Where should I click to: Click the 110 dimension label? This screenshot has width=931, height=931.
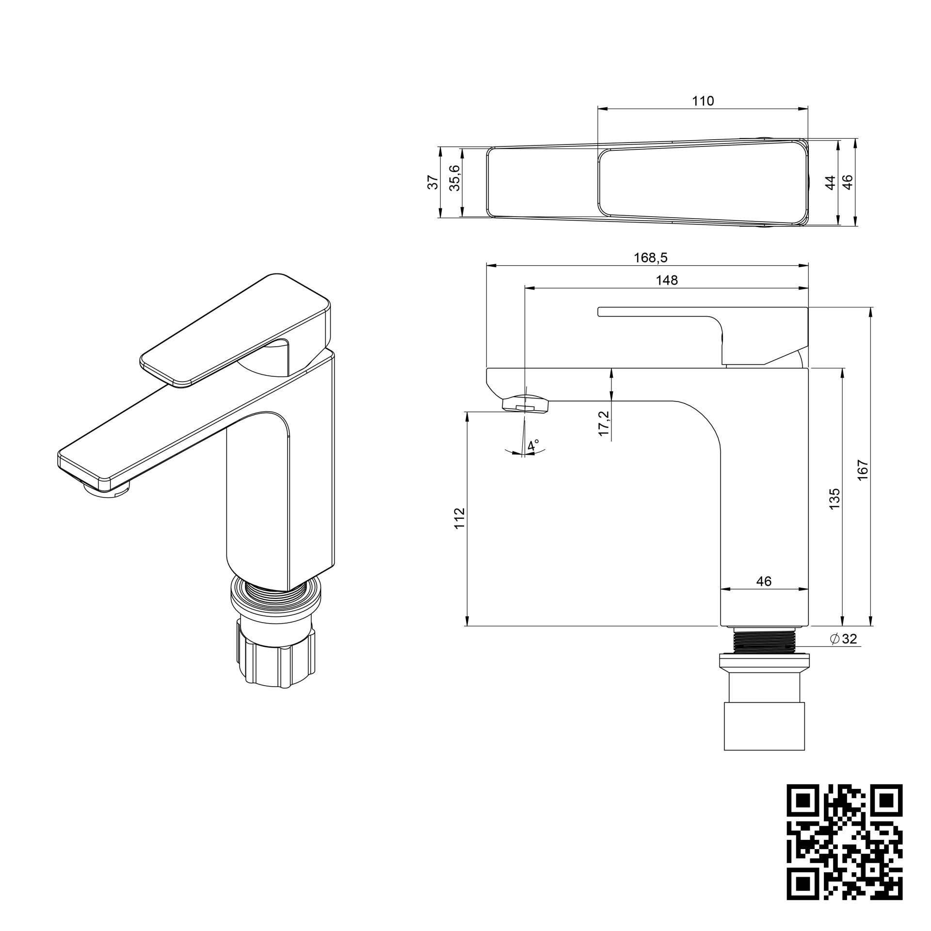(x=703, y=101)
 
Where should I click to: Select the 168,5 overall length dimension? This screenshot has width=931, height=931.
(x=651, y=257)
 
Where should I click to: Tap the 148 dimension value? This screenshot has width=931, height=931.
(x=667, y=280)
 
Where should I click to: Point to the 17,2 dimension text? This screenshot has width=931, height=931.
(x=603, y=423)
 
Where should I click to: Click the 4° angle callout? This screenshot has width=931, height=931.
(x=533, y=445)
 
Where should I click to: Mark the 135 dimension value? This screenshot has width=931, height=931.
(x=834, y=498)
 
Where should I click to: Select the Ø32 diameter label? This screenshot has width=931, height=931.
(x=844, y=639)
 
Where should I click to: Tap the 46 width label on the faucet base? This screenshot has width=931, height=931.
(x=764, y=581)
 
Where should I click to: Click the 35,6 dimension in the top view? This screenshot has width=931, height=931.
(x=455, y=178)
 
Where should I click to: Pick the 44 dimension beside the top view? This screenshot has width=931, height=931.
(x=831, y=182)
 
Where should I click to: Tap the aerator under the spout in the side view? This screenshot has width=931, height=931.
(x=526, y=403)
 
